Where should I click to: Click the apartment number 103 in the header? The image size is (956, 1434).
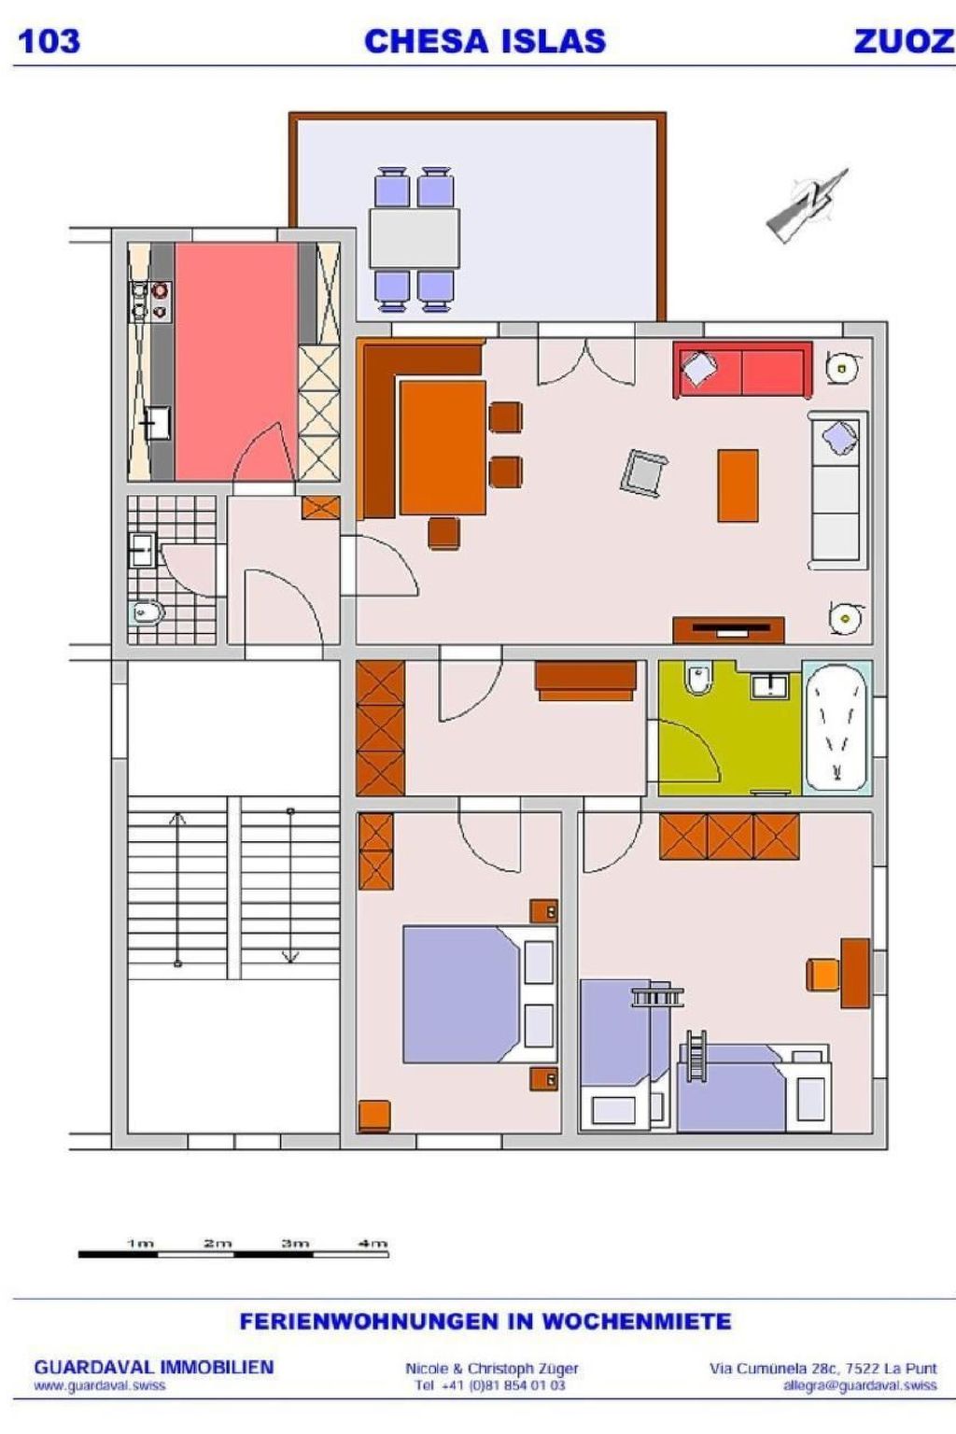[49, 42]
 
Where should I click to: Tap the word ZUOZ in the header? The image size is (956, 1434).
[904, 42]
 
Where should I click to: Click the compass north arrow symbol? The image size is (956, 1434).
[808, 204]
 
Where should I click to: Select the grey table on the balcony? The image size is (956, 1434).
[415, 238]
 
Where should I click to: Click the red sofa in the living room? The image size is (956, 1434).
[743, 370]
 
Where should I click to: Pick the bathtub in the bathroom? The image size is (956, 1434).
[836, 728]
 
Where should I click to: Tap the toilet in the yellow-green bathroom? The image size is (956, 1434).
[697, 680]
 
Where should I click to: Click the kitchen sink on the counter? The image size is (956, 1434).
[156, 423]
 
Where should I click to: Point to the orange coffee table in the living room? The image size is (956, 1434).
[738, 485]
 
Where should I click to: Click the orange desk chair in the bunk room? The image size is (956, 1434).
[822, 975]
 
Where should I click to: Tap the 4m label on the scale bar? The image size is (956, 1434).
[373, 1244]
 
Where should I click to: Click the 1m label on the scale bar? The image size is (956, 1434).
[140, 1244]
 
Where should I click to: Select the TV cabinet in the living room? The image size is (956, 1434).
[729, 630]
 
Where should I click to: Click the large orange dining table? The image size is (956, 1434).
[443, 447]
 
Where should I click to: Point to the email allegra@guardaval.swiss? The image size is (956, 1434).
[860, 1386]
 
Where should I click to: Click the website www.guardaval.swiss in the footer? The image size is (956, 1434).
[99, 1386]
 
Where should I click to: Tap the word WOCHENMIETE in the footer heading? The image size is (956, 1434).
[637, 1321]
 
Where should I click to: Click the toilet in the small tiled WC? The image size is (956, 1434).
[148, 613]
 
